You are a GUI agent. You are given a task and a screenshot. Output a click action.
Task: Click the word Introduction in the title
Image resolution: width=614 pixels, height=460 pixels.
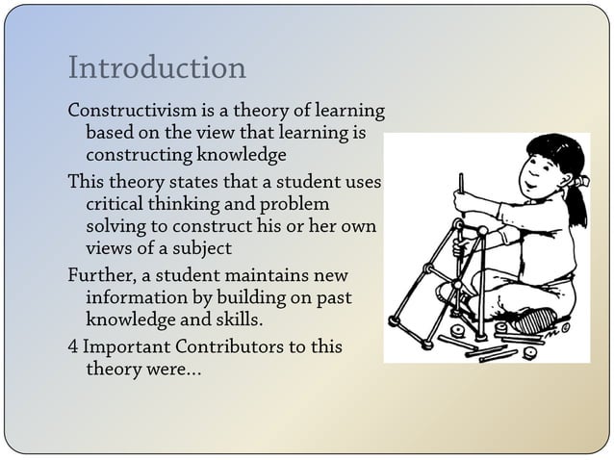point(157,68)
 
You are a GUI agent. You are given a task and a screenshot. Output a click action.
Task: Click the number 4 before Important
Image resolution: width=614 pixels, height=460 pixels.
point(72,347)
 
